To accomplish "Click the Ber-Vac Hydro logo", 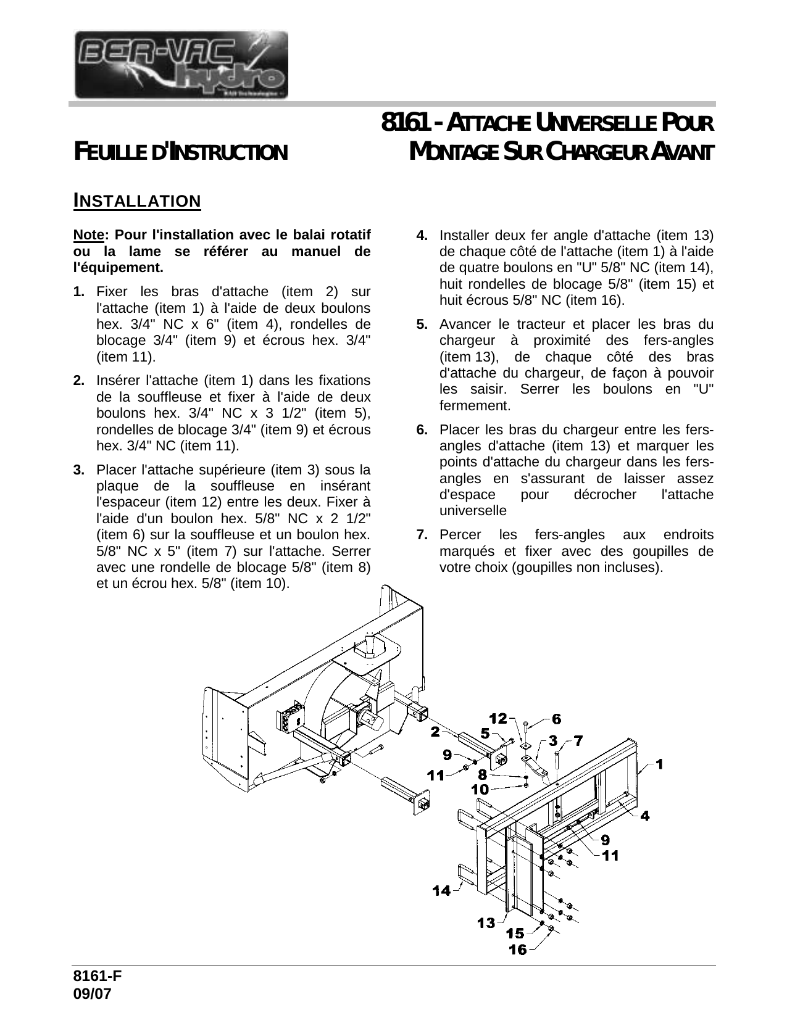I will click(x=181, y=65).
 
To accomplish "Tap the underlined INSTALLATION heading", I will click(x=137, y=201).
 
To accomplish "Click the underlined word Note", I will click(x=87, y=235).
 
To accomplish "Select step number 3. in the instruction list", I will click(x=78, y=470).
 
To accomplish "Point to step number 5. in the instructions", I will click(x=422, y=324).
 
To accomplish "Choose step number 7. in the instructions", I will click(x=422, y=534).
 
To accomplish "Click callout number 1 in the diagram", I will click(x=659, y=764).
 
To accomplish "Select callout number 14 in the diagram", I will click(x=441, y=890).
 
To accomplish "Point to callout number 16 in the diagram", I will click(x=518, y=949).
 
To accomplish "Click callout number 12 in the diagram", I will click(x=498, y=718).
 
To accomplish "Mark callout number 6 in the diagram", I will click(x=556, y=719).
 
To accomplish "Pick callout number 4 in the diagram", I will click(x=644, y=816).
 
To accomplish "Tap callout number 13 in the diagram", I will click(x=486, y=922).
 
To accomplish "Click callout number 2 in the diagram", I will click(x=435, y=732).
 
